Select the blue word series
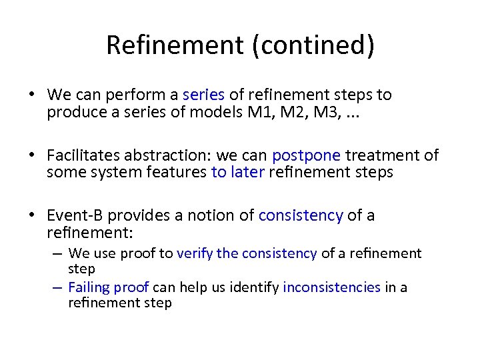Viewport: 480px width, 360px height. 203,95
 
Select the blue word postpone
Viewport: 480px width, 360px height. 306,156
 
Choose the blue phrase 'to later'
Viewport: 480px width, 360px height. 237,172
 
